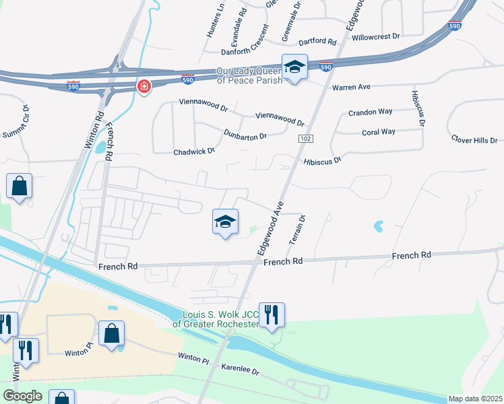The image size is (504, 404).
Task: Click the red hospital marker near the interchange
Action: pos(144,87)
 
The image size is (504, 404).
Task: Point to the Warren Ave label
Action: pos(351,88)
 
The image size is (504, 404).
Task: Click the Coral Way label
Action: pos(379,132)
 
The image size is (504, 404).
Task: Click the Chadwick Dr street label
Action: pos(194,151)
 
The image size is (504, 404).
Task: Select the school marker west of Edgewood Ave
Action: pos(225,222)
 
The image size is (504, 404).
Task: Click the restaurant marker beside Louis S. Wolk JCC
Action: pos(272,314)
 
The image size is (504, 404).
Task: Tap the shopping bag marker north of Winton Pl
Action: pos(111,333)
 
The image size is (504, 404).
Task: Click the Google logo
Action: pos(22,396)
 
